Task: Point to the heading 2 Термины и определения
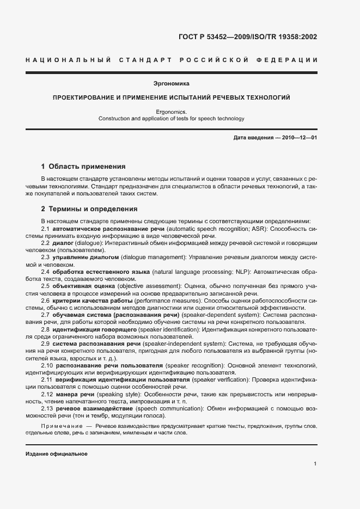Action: (89, 209)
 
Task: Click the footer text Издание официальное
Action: (57, 453)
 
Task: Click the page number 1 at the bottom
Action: (315, 464)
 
